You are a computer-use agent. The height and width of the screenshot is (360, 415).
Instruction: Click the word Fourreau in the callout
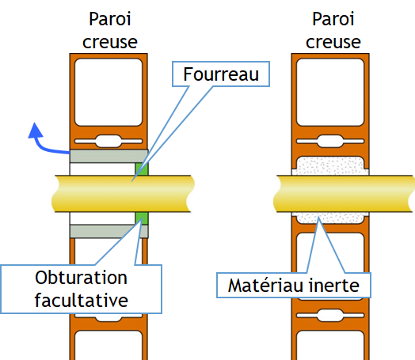pyautogui.click(x=221, y=74)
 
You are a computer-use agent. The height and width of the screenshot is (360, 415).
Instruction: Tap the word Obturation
pyautogui.click(x=82, y=278)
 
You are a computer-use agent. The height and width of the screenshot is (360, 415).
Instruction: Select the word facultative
pyautogui.click(x=82, y=301)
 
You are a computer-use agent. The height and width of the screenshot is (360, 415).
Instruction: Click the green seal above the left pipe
pyautogui.click(x=142, y=169)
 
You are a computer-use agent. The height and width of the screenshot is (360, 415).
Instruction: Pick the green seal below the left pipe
pyautogui.click(x=142, y=218)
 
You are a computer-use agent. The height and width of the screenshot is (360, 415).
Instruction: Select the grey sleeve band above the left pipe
pyautogui.click(x=109, y=156)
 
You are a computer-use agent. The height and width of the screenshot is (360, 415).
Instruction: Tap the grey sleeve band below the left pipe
pyautogui.click(x=109, y=231)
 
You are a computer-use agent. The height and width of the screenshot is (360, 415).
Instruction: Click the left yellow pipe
pyautogui.click(x=123, y=194)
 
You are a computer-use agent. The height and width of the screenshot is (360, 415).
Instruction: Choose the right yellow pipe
pyautogui.click(x=344, y=194)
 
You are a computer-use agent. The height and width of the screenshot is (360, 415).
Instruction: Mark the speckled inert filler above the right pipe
pyautogui.click(x=330, y=166)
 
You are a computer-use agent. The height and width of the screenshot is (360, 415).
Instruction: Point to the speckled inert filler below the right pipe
pyautogui.click(x=330, y=218)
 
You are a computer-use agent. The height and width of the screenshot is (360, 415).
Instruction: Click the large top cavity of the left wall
pyautogui.click(x=109, y=92)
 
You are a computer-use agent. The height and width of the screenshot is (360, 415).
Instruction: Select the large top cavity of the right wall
pyautogui.click(x=330, y=92)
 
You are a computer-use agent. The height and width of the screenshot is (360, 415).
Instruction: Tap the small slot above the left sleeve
pyautogui.click(x=109, y=141)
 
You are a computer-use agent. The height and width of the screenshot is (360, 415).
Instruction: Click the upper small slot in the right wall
pyautogui.click(x=330, y=141)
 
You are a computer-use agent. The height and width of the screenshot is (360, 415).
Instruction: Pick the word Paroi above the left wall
pyautogui.click(x=110, y=19)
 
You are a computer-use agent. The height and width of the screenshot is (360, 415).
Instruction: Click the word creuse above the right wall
pyautogui.click(x=333, y=42)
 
